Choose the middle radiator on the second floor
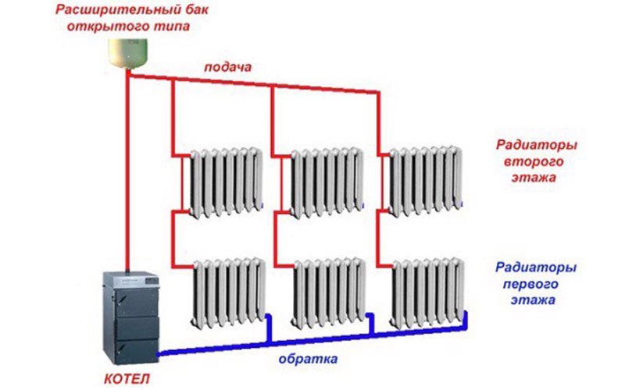325,182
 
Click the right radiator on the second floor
425,180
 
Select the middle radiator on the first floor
328,292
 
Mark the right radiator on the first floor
428,292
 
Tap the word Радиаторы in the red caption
537,145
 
